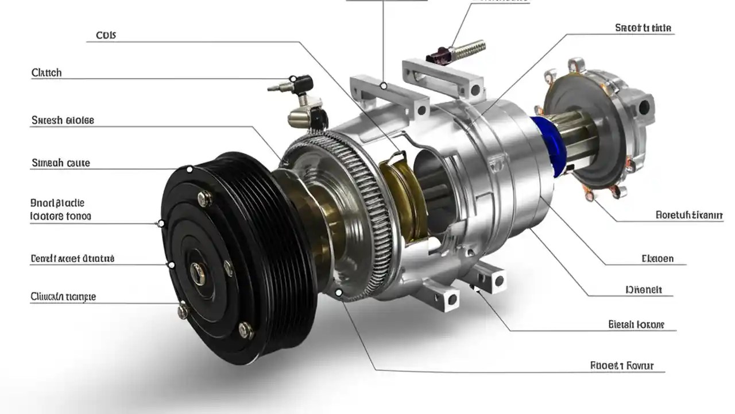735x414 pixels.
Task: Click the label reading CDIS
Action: [x=105, y=35]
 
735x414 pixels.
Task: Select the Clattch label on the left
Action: [x=47, y=73]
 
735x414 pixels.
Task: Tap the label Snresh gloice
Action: [x=63, y=120]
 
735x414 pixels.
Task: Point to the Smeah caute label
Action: [x=60, y=163]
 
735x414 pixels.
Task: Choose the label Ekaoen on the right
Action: [x=657, y=259]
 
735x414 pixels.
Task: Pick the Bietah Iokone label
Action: [x=636, y=324]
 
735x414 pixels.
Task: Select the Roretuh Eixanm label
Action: [x=688, y=216]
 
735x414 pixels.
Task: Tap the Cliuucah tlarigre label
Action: [x=63, y=297]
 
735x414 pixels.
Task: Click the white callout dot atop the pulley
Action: [x=189, y=169]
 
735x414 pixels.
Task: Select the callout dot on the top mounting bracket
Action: [x=383, y=86]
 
